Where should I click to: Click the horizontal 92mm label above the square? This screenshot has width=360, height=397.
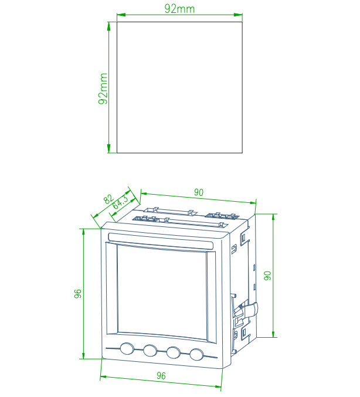[x=179, y=9]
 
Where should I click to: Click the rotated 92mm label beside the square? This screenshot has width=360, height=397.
[x=103, y=89]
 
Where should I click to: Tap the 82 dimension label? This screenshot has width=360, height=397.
[x=108, y=199]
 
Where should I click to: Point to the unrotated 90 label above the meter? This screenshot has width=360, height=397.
[x=199, y=192]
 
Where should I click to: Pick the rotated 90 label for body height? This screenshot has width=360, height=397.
[x=267, y=276]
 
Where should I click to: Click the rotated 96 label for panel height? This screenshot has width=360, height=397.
[x=78, y=294]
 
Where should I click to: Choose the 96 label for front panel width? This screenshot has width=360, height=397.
[x=161, y=376]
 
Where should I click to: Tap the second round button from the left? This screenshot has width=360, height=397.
[x=150, y=351]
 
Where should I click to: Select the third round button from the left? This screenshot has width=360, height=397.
[x=174, y=352]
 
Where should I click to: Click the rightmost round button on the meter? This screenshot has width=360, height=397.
[x=196, y=354]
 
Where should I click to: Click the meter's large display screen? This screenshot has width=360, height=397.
[x=162, y=293]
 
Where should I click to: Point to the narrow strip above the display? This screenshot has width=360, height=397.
[x=161, y=240]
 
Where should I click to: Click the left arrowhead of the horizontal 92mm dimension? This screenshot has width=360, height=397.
[x=121, y=15]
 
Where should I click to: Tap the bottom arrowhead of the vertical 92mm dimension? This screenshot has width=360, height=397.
[x=109, y=148]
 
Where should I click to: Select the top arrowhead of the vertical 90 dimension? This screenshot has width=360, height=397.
[x=273, y=218]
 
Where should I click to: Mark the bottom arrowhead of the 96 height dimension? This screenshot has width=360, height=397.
[x=83, y=355]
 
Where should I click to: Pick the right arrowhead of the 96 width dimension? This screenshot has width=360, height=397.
[x=218, y=386]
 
